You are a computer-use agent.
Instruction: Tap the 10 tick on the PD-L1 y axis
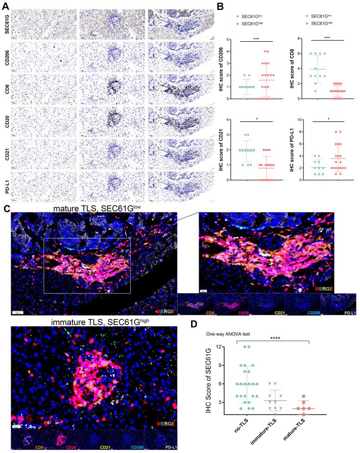(x=299, y=120)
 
